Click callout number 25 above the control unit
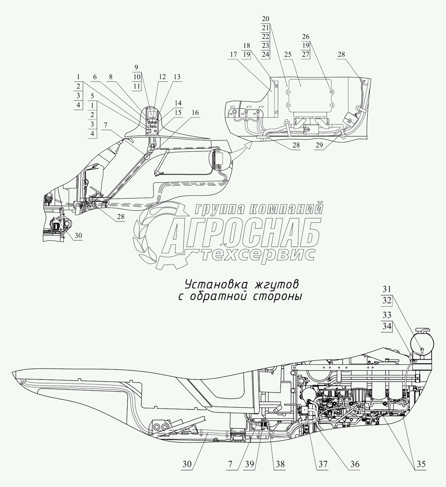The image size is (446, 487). (288, 55)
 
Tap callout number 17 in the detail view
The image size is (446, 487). (233, 55)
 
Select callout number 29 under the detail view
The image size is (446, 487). (319, 145)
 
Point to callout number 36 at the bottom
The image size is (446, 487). (355, 464)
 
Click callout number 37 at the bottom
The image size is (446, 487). (323, 464)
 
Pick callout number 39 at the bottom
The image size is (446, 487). (250, 464)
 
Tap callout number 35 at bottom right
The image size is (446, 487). (421, 464)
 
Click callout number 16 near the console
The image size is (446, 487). (195, 113)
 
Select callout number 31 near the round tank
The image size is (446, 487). (387, 289)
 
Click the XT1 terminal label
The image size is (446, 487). (232, 107)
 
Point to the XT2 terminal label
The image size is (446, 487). (261, 107)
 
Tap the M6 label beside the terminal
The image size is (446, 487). (243, 114)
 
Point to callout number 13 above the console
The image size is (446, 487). (177, 77)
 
